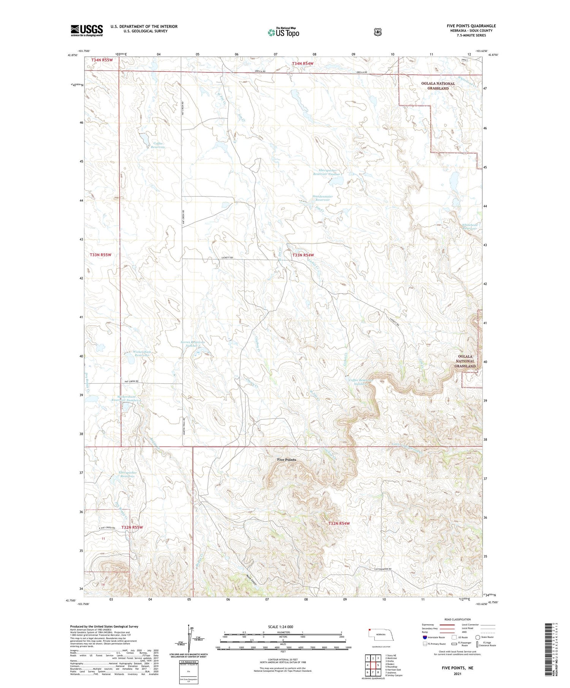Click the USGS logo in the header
pyautogui.click(x=87, y=30)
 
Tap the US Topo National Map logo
pyautogui.click(x=283, y=32)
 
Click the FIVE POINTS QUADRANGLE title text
pyautogui.click(x=471, y=26)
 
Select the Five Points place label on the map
pyautogui.click(x=287, y=460)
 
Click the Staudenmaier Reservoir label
pyautogui.click(x=322, y=198)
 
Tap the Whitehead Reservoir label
pyautogui.click(x=470, y=227)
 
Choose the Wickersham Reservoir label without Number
pyautogui.click(x=142, y=354)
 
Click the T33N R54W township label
pyautogui.click(x=303, y=255)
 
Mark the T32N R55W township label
pyautogui.click(x=132, y=527)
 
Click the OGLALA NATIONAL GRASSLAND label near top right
pyautogui.click(x=438, y=86)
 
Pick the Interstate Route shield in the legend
pyautogui.click(x=424, y=637)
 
